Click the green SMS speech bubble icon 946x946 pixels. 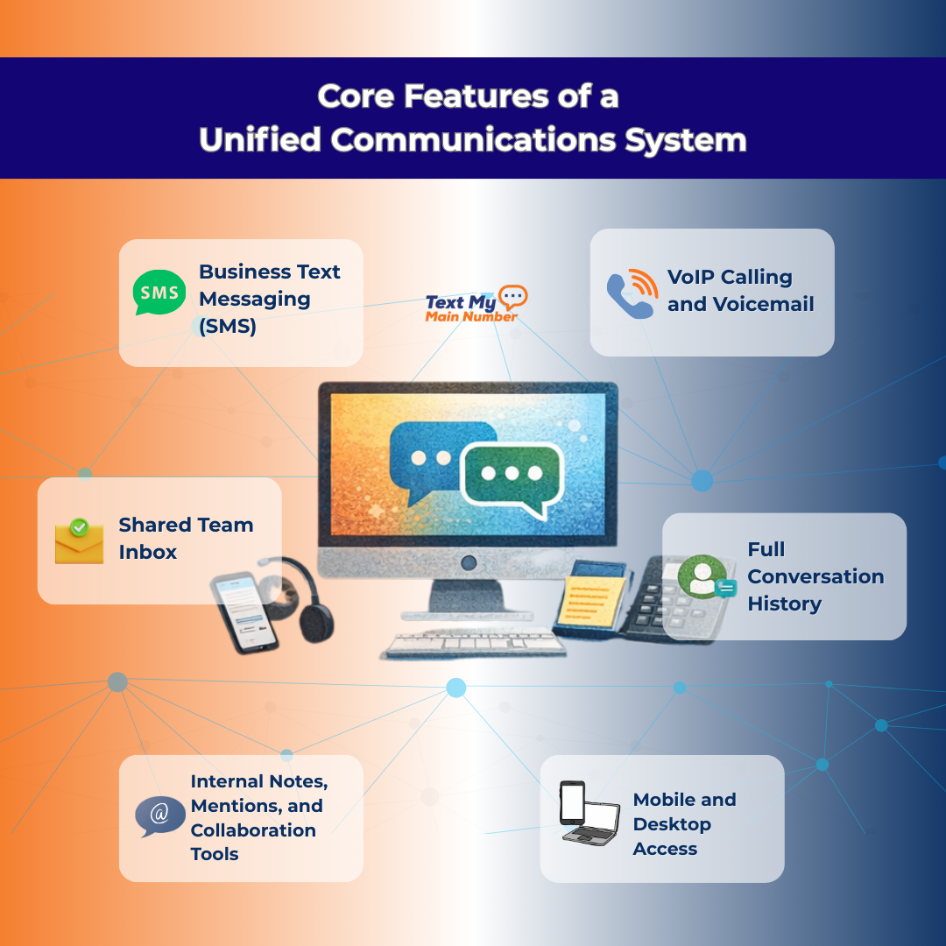coord(159,293)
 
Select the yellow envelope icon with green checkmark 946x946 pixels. coord(79,540)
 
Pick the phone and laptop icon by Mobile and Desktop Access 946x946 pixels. coord(589,814)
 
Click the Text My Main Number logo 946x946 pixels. coord(476,305)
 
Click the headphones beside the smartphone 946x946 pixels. coord(308,601)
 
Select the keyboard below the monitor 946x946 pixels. coord(473,643)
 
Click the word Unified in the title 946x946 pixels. coord(259,140)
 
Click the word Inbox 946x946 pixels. coord(148,552)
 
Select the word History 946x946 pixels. coord(785,604)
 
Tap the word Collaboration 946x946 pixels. coord(253,830)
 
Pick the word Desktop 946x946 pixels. coord(672,824)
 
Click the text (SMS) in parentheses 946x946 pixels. coord(228,327)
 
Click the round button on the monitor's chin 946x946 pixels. coord(469,562)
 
